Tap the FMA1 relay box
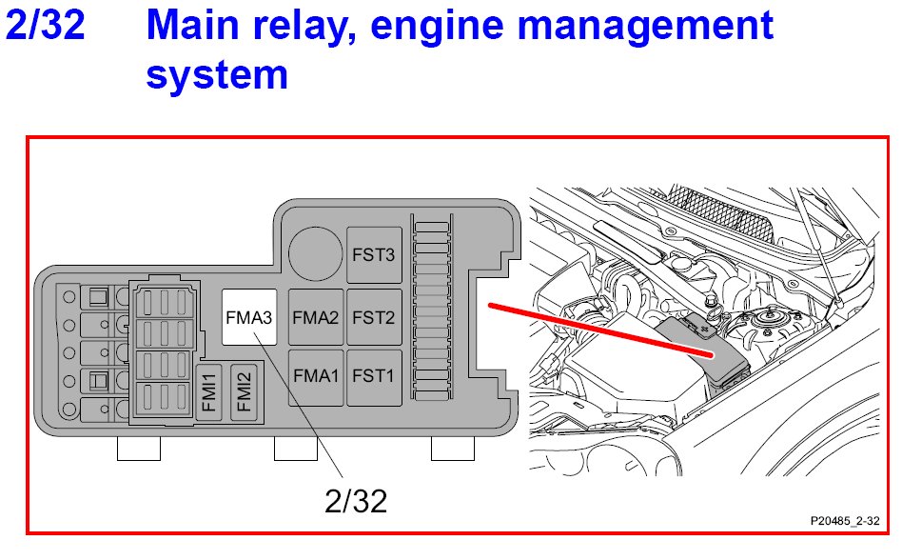pos(316,376)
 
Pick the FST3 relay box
pos(374,255)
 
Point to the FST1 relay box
pos(374,376)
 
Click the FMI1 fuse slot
pos(210,391)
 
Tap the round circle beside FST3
pos(315,252)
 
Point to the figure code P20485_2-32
pos(845,522)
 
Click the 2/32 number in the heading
pos(45,27)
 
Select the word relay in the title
pos(302,27)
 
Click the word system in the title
pos(217,74)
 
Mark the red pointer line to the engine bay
pos(599,330)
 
